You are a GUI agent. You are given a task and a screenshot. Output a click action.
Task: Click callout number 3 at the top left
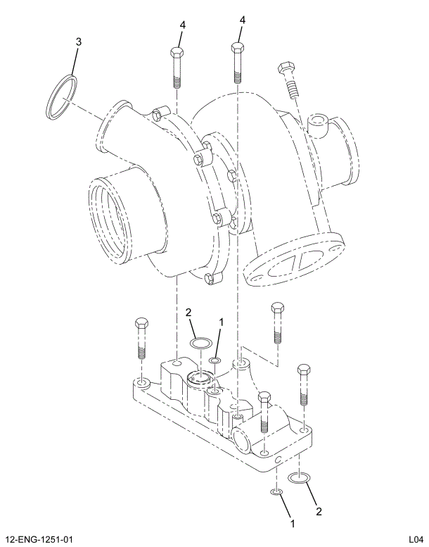click(x=78, y=42)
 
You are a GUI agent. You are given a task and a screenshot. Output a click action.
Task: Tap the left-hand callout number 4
click(x=181, y=24)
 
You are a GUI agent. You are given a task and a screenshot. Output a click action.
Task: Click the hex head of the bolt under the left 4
click(x=177, y=54)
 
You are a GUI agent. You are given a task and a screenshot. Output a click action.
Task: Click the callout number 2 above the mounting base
click(x=188, y=313)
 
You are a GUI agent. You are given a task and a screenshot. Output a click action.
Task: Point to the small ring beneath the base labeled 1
click(x=276, y=491)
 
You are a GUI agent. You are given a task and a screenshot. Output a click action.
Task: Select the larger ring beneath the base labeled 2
click(x=300, y=479)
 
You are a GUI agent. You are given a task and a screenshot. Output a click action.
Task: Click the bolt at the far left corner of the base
click(x=141, y=338)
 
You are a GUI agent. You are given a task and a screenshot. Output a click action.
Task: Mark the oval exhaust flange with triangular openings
click(x=295, y=264)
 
